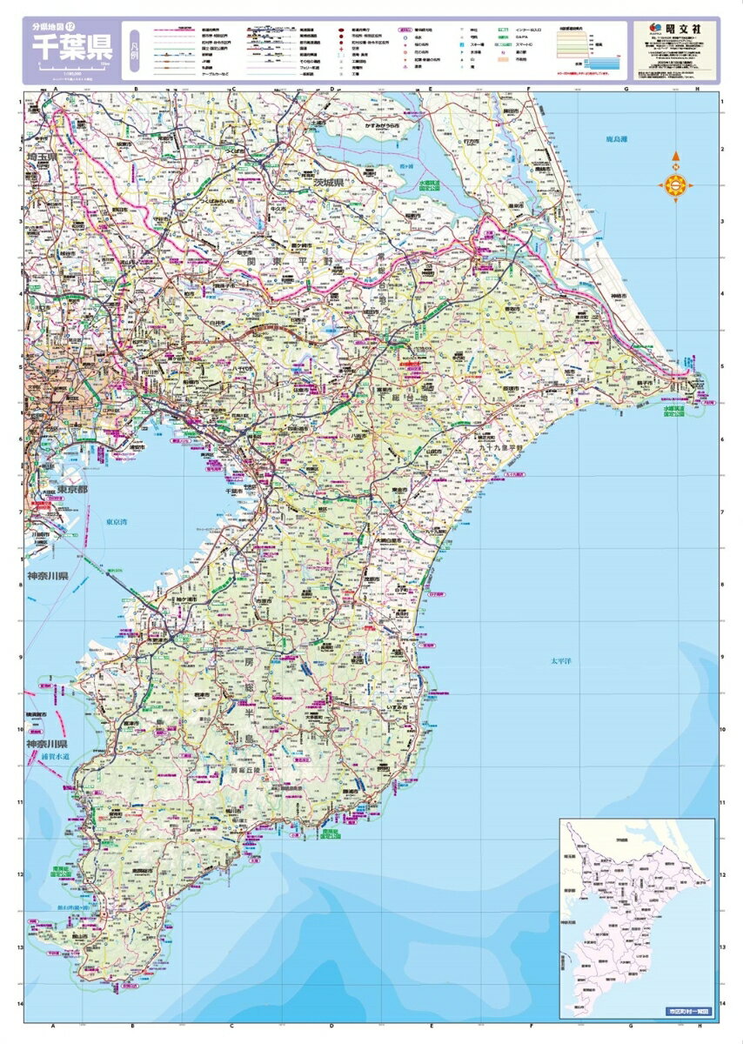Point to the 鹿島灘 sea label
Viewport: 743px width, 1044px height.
(619, 139)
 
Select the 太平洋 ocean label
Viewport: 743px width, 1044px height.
(561, 662)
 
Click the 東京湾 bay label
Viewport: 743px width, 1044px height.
(117, 523)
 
